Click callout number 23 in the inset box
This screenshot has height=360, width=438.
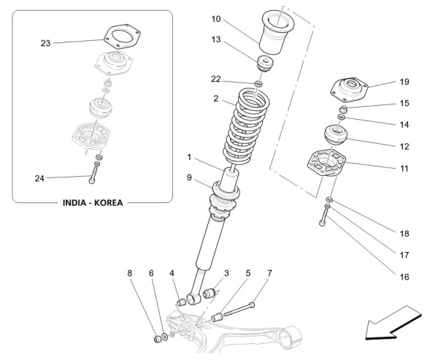[45, 43]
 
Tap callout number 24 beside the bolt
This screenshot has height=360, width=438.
[40, 177]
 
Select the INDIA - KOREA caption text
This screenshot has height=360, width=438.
[92, 204]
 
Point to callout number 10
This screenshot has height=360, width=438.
[215, 19]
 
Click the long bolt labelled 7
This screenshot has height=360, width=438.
[238, 309]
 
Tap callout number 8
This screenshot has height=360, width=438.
[131, 273]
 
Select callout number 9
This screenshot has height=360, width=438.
[189, 177]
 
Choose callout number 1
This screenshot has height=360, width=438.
[189, 156]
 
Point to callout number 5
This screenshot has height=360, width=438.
[247, 273]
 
